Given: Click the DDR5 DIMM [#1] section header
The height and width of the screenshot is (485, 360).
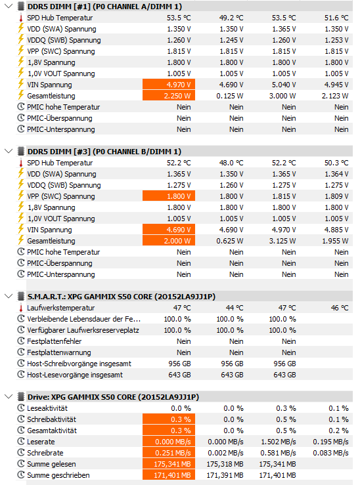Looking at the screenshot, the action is click(104, 7).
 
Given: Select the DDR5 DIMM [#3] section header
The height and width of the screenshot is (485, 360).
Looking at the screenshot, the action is click(104, 152).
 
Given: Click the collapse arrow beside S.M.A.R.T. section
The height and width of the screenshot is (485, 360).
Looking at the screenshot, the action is click(9, 297).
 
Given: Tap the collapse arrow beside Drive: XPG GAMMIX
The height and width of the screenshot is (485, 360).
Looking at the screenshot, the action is click(9, 396).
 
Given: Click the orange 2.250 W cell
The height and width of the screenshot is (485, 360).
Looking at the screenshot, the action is click(169, 96).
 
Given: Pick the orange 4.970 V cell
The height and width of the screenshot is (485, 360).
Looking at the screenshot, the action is click(169, 85).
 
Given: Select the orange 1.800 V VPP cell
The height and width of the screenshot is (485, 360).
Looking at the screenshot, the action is click(169, 196).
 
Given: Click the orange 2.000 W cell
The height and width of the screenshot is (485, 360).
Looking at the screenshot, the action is click(169, 241).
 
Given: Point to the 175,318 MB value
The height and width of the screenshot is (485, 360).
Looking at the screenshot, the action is click(225, 464).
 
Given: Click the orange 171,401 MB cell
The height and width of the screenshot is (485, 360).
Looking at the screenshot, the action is click(169, 475).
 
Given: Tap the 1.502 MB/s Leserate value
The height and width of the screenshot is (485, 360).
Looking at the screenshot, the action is click(279, 442).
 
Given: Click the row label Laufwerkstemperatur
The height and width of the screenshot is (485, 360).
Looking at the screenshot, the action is click(61, 308).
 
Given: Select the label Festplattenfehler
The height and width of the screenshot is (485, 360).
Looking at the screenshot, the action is click(55, 341).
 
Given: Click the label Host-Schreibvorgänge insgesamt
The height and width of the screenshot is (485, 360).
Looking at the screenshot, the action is click(79, 364).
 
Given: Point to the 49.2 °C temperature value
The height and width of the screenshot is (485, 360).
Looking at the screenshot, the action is click(231, 18).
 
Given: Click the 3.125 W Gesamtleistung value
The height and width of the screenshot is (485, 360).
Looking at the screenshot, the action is click(282, 241).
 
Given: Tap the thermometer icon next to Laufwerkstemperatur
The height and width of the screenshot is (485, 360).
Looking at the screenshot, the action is click(21, 308).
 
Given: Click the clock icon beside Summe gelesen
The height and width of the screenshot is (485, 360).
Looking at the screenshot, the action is click(21, 463).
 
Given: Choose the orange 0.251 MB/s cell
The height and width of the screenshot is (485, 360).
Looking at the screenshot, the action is click(169, 453).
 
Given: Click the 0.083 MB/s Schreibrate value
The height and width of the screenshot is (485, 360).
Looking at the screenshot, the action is click(330, 453).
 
